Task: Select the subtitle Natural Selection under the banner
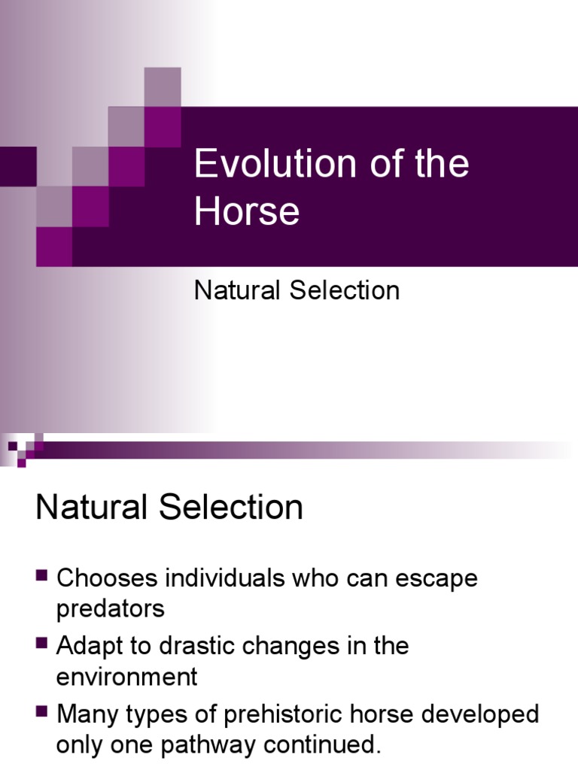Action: tap(297, 290)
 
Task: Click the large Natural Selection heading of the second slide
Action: tap(169, 508)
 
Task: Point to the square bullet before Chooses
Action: tap(41, 577)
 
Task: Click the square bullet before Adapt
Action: tap(41, 644)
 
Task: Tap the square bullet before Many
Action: tap(41, 711)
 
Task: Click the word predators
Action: tap(110, 608)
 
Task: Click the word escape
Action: tap(437, 579)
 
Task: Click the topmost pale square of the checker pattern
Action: tap(163, 86)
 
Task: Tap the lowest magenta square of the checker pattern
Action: tap(54, 247)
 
